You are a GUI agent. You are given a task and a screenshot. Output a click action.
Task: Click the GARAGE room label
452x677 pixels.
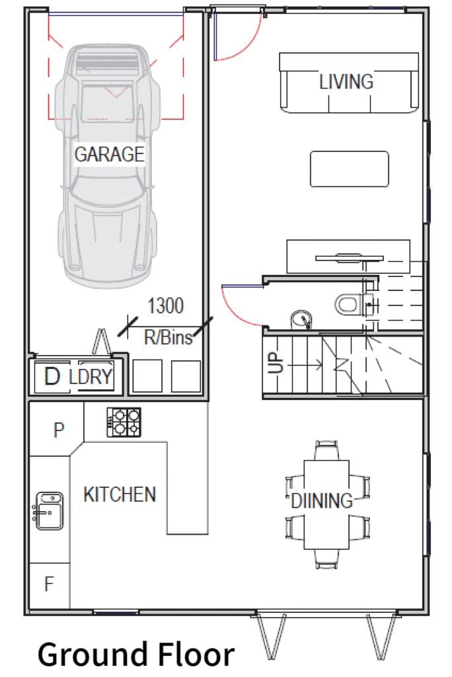click(109, 154)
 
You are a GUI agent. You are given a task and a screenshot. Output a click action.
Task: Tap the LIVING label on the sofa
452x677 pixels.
click(346, 81)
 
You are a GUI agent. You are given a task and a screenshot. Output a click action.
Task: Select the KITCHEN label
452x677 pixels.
click(120, 495)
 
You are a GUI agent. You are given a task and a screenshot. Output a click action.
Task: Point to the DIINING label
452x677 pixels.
click(322, 501)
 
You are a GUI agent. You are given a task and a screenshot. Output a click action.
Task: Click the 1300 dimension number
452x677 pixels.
click(166, 305)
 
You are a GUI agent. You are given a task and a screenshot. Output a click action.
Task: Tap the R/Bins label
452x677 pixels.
click(168, 337)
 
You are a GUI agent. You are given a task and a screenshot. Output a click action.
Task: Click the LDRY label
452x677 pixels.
click(91, 376)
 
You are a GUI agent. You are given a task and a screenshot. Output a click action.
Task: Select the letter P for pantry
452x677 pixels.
click(59, 430)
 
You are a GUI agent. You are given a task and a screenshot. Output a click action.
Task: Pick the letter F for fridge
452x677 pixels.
click(49, 584)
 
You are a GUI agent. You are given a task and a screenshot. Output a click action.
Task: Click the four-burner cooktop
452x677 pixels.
click(124, 422)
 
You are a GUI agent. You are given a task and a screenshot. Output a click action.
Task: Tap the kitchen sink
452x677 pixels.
click(48, 511)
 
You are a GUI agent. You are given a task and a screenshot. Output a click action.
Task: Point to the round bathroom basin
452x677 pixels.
click(301, 321)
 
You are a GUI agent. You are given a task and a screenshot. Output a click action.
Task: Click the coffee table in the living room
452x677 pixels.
click(350, 169)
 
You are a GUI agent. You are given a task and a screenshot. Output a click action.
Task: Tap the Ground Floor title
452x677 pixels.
click(136, 655)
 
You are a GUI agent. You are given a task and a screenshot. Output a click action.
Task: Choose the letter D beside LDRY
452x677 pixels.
click(52, 376)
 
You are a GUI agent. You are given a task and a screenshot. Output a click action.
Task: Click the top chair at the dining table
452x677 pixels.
click(326, 450)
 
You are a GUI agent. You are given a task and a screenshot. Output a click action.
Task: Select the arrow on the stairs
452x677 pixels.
click(305, 365)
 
